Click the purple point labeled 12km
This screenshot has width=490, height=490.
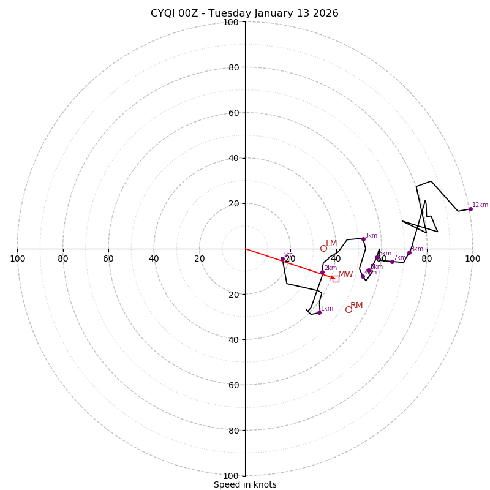(470, 209)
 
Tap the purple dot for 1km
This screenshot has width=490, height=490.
(319, 312)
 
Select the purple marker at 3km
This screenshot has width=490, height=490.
(363, 239)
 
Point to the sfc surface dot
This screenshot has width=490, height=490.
(282, 259)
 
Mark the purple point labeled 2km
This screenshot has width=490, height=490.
(322, 273)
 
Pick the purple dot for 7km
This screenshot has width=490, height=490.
(392, 262)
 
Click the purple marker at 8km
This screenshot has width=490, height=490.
(409, 253)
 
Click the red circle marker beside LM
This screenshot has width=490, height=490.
(323, 248)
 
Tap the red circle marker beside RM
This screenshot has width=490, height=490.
(349, 309)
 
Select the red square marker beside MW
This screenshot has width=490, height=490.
(336, 279)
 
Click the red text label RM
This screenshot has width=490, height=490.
(356, 305)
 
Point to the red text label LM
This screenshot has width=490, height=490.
(331, 243)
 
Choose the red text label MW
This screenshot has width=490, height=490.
(345, 274)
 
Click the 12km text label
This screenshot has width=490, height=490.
(480, 205)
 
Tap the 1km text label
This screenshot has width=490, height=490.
(327, 309)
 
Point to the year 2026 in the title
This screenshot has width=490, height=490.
(326, 13)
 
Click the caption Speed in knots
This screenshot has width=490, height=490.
(245, 484)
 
